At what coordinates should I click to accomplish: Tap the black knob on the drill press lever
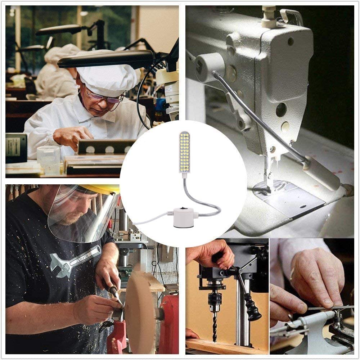253,310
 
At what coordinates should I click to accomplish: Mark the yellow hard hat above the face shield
104,189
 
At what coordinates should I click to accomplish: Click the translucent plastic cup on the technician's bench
48,158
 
